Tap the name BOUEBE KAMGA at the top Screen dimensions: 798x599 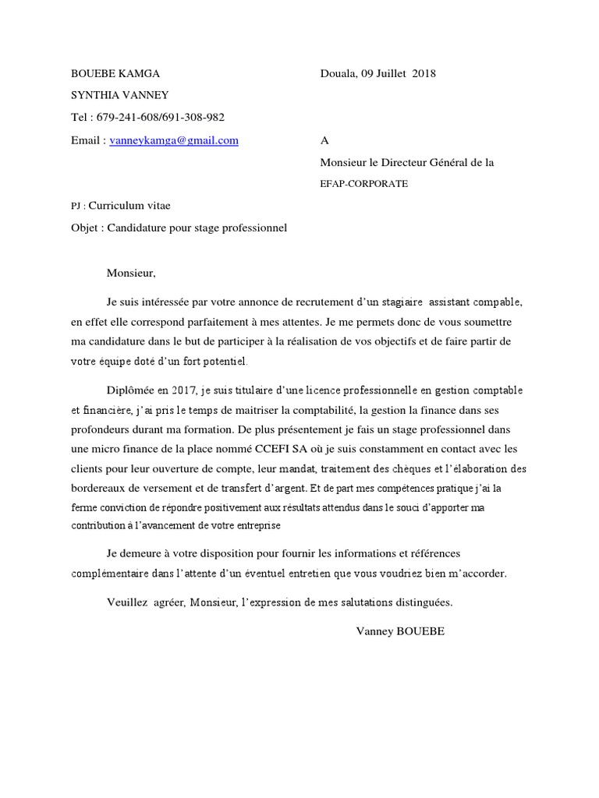tap(115, 74)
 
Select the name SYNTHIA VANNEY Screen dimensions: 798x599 tap(119, 96)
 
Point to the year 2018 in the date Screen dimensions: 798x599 tap(424, 74)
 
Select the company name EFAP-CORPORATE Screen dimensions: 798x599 tap(363, 185)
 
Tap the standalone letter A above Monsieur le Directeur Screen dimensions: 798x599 tap(325, 141)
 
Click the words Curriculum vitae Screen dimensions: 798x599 tap(129, 206)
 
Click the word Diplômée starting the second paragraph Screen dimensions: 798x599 tap(132, 390)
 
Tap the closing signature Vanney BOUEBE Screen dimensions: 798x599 tap(400, 631)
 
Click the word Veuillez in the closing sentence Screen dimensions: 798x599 tap(127, 602)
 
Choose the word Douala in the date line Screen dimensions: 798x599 tap(338, 74)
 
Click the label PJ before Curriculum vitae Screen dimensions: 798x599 tap(76, 207)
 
